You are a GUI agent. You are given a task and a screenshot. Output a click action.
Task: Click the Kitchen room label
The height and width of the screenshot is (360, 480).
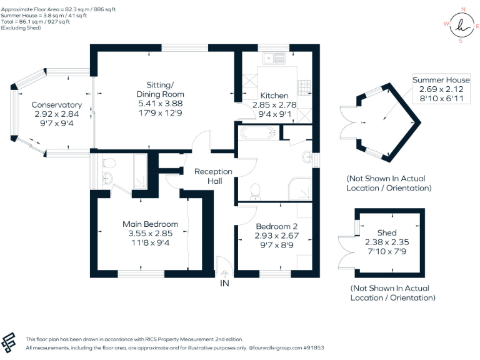[274, 96]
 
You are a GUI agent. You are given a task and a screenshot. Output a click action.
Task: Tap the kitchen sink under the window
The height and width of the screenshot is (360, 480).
[273, 59]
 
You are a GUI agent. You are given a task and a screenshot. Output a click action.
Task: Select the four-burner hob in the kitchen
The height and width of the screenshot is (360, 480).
[304, 86]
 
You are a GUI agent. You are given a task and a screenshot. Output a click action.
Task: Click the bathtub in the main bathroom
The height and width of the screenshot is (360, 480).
[257, 132]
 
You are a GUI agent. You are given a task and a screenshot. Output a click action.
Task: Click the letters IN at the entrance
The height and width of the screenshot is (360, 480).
[224, 283]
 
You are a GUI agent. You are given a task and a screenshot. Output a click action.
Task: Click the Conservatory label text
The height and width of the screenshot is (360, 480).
[57, 104]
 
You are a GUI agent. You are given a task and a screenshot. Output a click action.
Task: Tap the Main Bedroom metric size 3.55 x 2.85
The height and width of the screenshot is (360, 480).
[150, 234]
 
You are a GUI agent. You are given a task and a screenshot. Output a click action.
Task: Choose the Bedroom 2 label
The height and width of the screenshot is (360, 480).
[276, 226]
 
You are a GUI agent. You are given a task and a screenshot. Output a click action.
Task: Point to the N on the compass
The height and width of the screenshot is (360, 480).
[463, 9]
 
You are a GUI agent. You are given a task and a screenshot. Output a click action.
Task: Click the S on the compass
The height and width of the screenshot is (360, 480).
[461, 41]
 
